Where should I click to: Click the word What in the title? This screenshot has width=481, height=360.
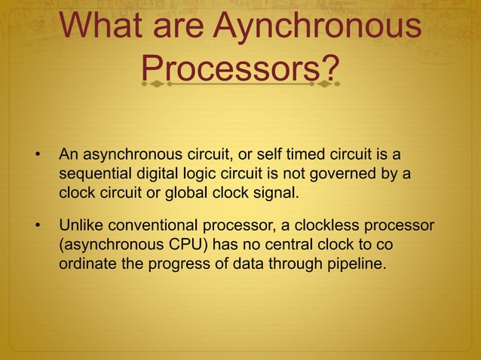click(x=103, y=27)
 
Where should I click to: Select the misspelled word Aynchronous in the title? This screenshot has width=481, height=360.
click(x=316, y=27)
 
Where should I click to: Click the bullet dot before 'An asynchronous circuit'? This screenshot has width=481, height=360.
click(x=35, y=156)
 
